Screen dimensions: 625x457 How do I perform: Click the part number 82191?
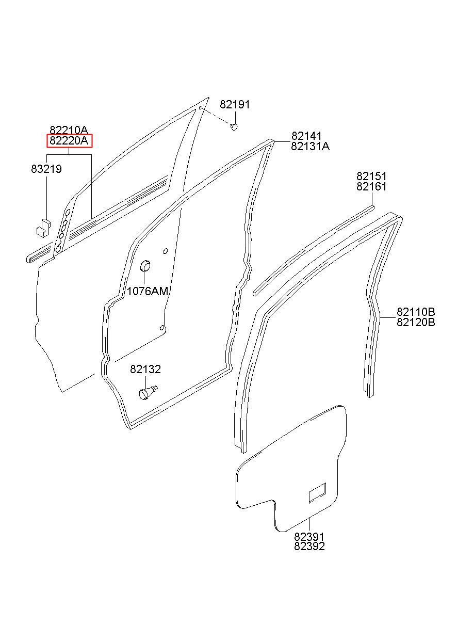click(235, 105)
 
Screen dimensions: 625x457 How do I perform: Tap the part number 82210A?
click(69, 130)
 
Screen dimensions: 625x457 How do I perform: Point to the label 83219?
click(46, 169)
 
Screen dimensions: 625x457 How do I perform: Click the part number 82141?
click(306, 136)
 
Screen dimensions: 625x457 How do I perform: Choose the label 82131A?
click(310, 147)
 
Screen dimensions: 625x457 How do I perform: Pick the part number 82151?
click(371, 177)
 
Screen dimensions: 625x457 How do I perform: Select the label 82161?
click(371, 187)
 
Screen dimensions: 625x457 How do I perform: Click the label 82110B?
click(416, 312)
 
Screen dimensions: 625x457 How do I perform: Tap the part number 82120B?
click(416, 323)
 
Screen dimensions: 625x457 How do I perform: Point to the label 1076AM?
click(148, 291)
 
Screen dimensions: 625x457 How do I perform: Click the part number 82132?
click(145, 370)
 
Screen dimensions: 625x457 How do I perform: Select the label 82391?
click(309, 537)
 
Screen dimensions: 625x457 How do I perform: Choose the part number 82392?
click(309, 547)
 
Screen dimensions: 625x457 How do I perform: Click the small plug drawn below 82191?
click(234, 126)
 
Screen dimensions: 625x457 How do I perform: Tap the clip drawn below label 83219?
click(42, 227)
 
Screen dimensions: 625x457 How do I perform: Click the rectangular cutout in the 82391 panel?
click(317, 493)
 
